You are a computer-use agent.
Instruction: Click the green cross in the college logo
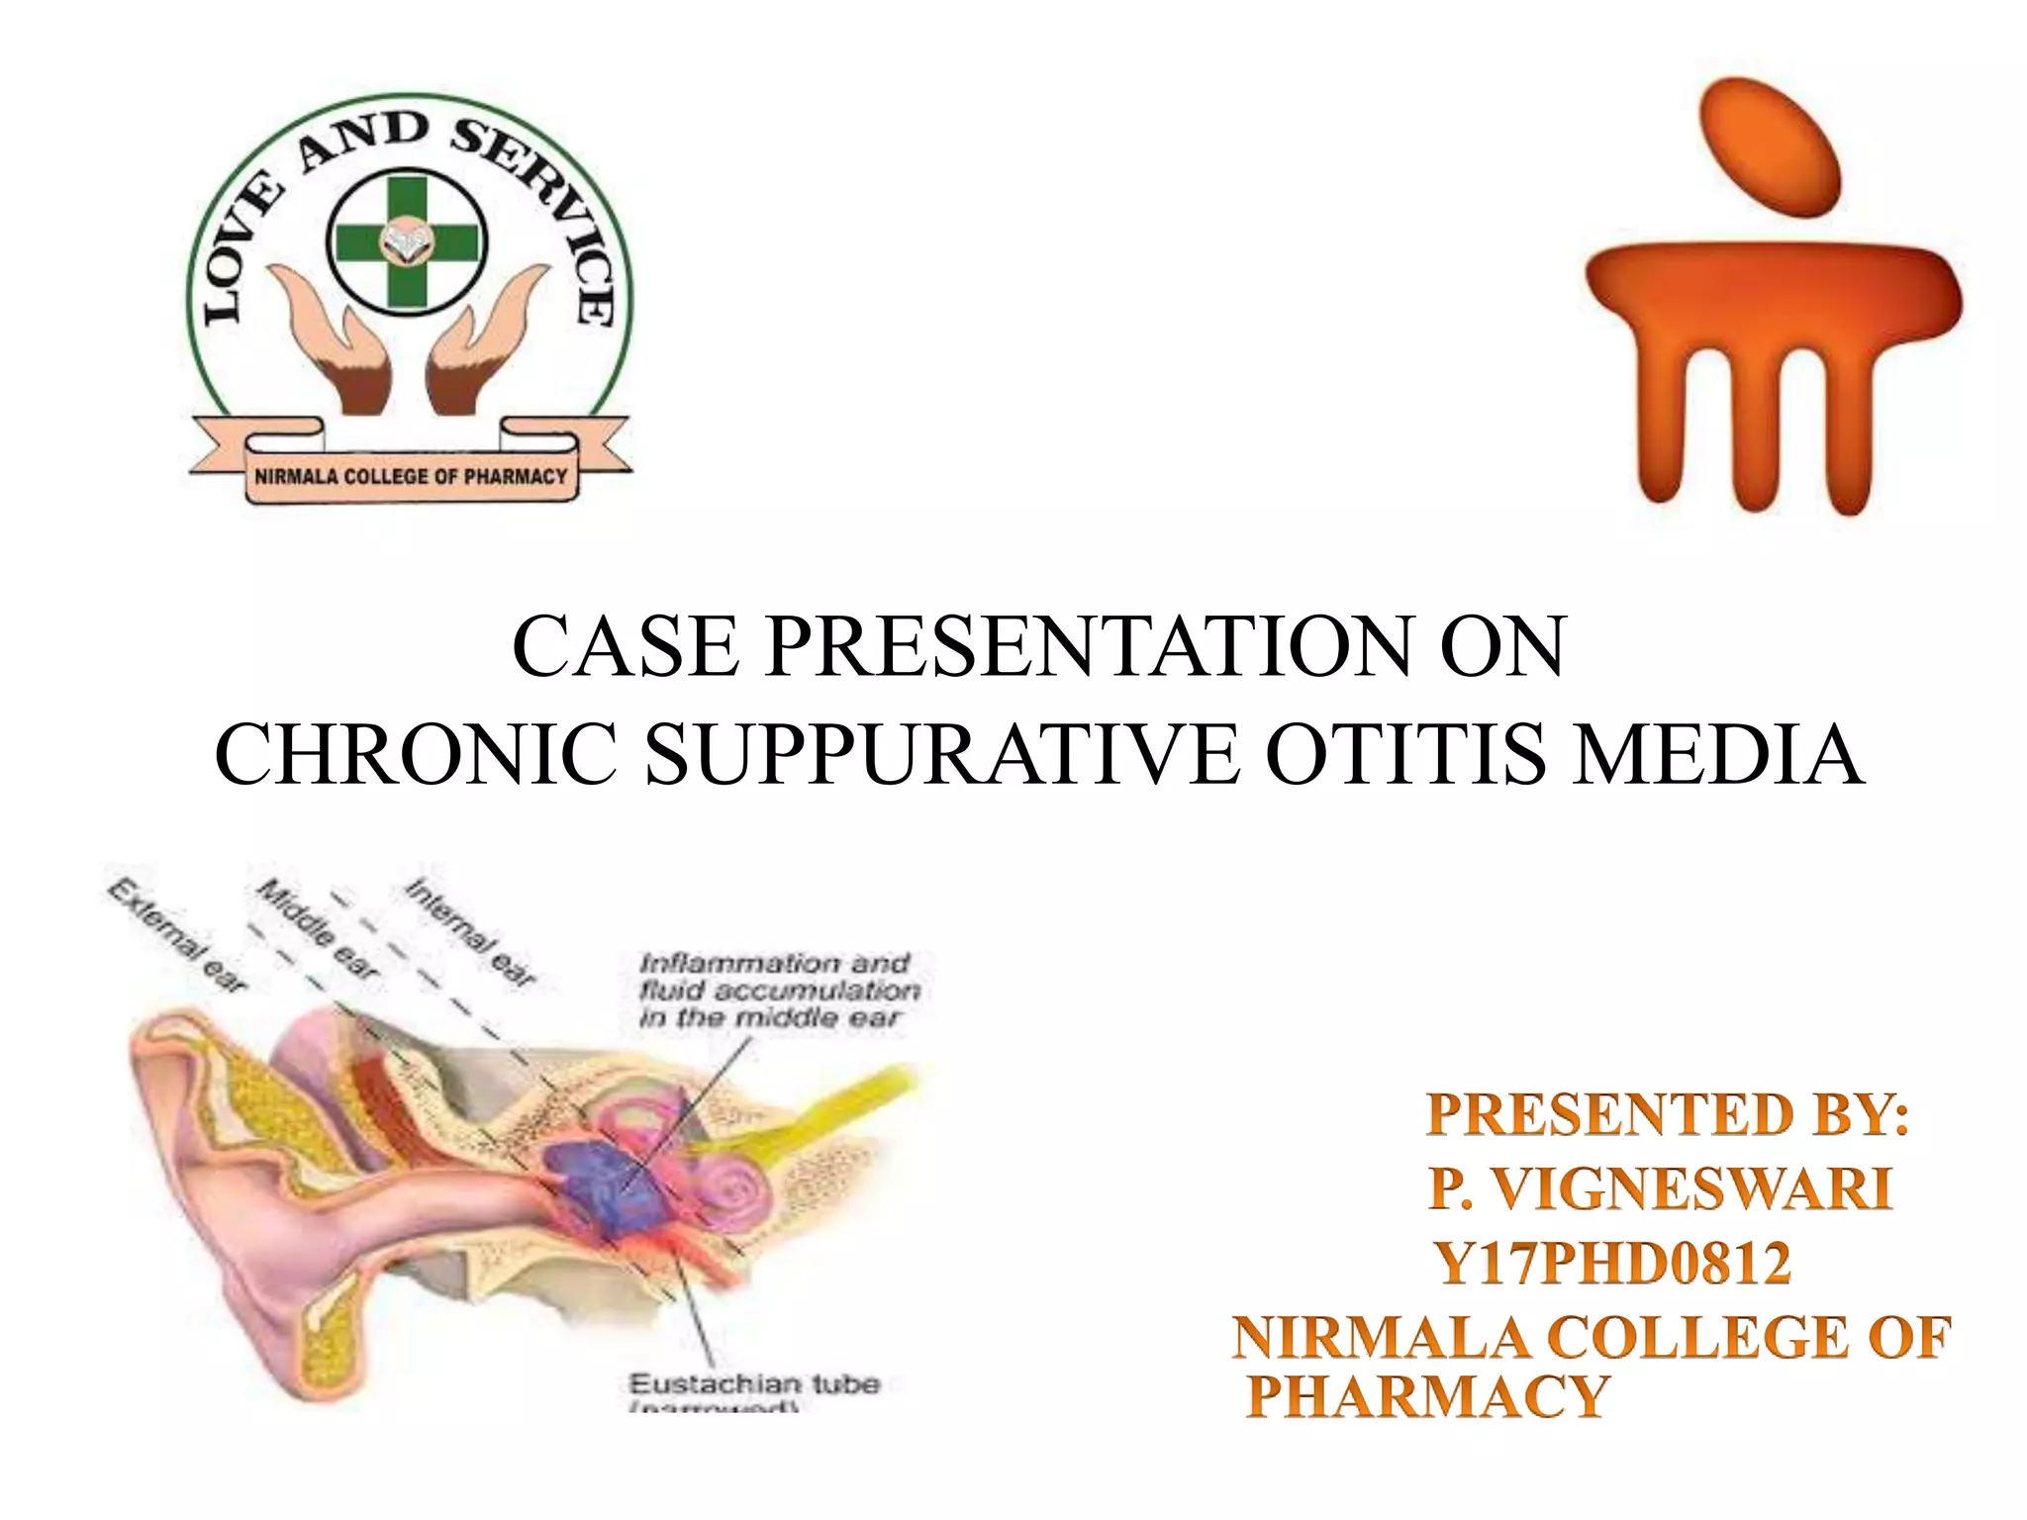coord(407,242)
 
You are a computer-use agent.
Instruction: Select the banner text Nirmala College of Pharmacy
coord(411,476)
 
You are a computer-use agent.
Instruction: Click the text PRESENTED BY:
coord(1668,1115)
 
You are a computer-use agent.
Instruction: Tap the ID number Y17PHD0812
coord(1613,1264)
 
